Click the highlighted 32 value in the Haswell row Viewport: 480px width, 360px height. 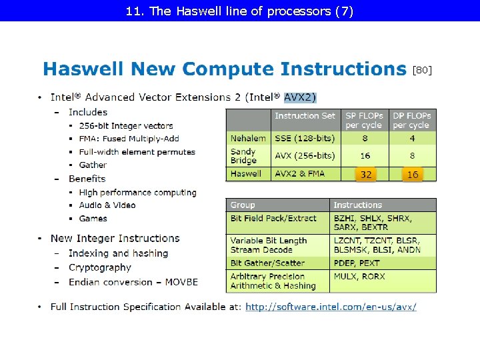(366, 174)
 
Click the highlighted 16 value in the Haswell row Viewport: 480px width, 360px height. (413, 174)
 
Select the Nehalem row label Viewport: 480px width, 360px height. (248, 138)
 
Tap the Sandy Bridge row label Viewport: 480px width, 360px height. (243, 156)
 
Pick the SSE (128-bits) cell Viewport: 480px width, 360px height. (305, 138)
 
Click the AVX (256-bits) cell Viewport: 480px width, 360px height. (305, 155)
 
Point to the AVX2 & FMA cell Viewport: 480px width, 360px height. (300, 173)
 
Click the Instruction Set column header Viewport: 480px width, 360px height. (305, 116)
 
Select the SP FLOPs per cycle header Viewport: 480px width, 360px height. (363, 120)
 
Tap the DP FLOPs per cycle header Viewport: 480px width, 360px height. (411, 120)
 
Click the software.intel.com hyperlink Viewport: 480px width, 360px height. (331, 307)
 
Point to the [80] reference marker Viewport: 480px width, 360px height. (423, 69)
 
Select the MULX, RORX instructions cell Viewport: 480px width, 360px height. (359, 276)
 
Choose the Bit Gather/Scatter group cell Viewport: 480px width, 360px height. (267, 263)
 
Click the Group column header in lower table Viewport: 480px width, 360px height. (243, 205)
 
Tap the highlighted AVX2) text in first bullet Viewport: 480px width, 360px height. (300, 97)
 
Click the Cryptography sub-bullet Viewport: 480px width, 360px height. (100, 267)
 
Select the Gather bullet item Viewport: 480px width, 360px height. (93, 165)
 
